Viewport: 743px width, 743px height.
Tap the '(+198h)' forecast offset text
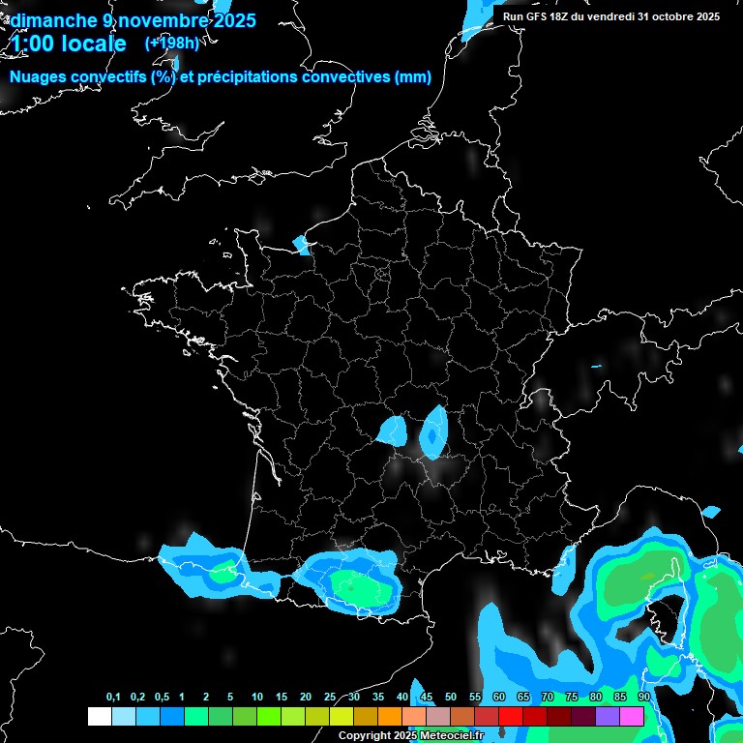pyautogui.click(x=172, y=43)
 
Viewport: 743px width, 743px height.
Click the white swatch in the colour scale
pyautogui.click(x=99, y=716)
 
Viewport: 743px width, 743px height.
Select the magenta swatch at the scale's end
pyautogui.click(x=632, y=716)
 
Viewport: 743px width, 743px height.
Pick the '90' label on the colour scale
pyautogui.click(x=643, y=697)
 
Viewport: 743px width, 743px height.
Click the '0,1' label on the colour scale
pyautogui.click(x=113, y=697)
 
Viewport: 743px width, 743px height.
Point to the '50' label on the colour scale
pyautogui.click(x=451, y=697)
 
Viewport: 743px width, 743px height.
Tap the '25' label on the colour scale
pyautogui.click(x=330, y=697)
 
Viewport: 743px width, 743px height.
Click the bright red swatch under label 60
pyautogui.click(x=511, y=716)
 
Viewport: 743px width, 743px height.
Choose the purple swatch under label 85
pyautogui.click(x=608, y=716)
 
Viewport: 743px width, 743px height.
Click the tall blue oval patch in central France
pyautogui.click(x=434, y=431)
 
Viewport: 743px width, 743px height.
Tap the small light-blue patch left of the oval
pyautogui.click(x=393, y=430)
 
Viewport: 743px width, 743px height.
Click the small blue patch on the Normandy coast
pyautogui.click(x=302, y=245)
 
